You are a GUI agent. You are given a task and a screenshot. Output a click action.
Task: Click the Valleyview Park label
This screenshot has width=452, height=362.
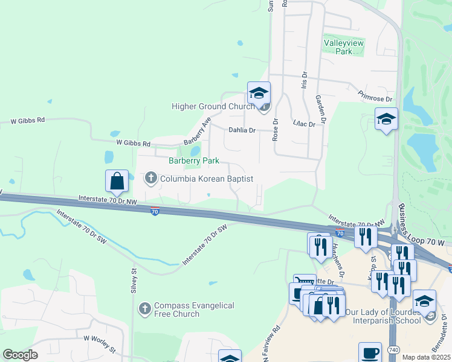tap(337, 47)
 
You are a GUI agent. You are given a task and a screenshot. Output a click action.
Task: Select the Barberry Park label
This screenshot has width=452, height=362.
tap(193, 161)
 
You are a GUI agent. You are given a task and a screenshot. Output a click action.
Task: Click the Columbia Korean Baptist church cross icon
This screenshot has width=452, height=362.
tap(150, 178)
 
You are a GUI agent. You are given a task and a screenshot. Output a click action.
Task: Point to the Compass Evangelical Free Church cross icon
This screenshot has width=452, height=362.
tap(144, 309)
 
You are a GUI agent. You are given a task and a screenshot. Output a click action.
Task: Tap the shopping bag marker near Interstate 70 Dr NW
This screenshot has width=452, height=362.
tap(117, 180)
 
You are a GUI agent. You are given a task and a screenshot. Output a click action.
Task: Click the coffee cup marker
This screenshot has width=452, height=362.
tap(370, 352)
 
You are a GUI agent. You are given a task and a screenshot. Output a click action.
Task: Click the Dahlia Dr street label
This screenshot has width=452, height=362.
tap(242, 130)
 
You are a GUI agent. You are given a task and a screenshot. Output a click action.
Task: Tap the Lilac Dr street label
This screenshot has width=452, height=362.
tap(300, 123)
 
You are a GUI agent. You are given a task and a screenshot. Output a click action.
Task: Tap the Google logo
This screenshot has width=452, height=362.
tap(20, 355)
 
